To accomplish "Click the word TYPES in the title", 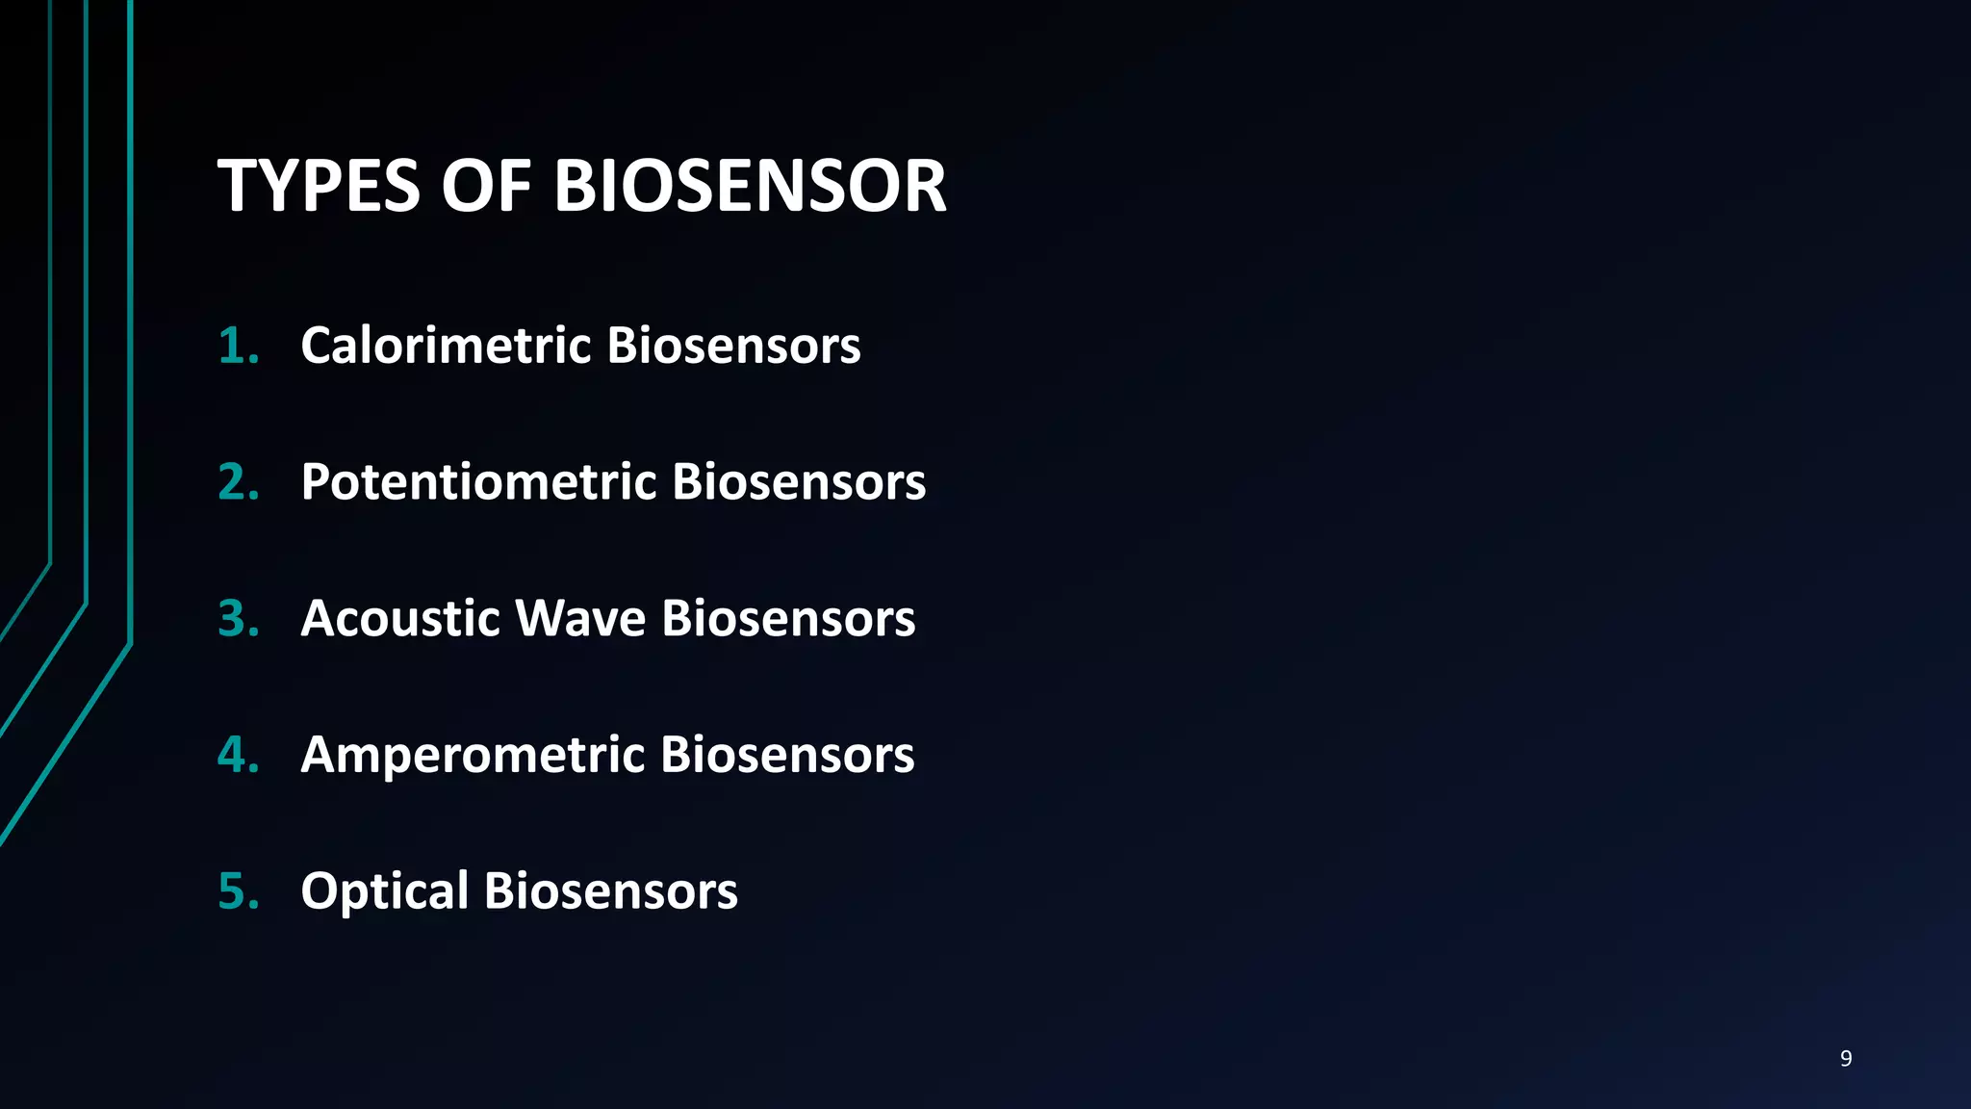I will pyautogui.click(x=319, y=186).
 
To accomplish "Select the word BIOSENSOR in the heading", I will pyautogui.click(x=750, y=186).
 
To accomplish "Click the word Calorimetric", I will pyautogui.click(x=446, y=346).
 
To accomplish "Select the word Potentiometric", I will pyautogui.click(x=477, y=481).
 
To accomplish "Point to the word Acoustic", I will pyautogui.click(x=399, y=618).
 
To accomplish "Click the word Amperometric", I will pyautogui.click(x=473, y=755).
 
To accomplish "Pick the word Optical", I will pyautogui.click(x=384, y=891).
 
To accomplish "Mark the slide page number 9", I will pyautogui.click(x=1845, y=1059).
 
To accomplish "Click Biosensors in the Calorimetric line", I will pyautogui.click(x=733, y=346).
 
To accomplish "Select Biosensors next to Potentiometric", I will pyautogui.click(x=798, y=481).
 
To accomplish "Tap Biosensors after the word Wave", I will pyautogui.click(x=788, y=618).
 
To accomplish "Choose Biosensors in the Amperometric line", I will pyautogui.click(x=787, y=755).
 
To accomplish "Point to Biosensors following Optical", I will pyautogui.click(x=610, y=891).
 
